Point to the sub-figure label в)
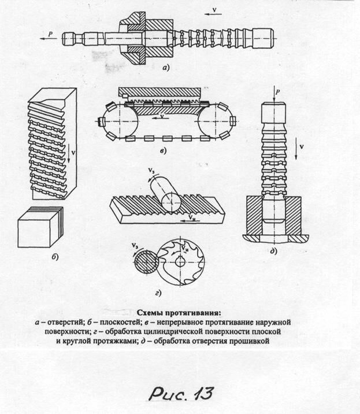pyautogui.click(x=164, y=151)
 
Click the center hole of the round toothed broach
pyautogui.click(x=181, y=261)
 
